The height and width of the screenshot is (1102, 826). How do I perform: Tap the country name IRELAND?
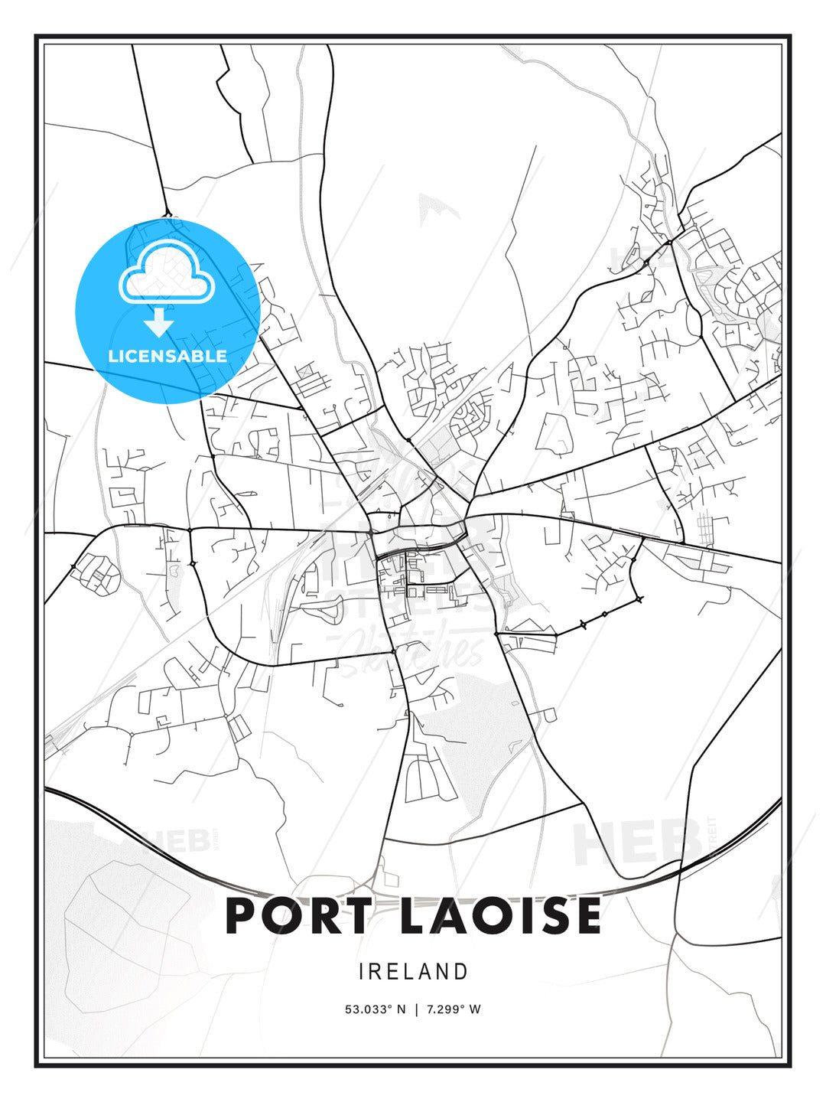pos(413,972)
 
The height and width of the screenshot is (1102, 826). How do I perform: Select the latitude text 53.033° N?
pos(376,1009)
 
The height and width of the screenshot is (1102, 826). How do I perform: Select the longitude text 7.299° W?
pos(454,1009)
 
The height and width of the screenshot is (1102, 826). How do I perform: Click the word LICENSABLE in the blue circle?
pos(167,356)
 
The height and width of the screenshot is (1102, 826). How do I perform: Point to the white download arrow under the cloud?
pos(160,322)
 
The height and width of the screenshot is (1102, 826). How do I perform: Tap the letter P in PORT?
pos(243,916)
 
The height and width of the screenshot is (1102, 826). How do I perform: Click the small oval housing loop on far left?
pos(96,572)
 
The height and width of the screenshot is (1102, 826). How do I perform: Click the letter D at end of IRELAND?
pos(461,972)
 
